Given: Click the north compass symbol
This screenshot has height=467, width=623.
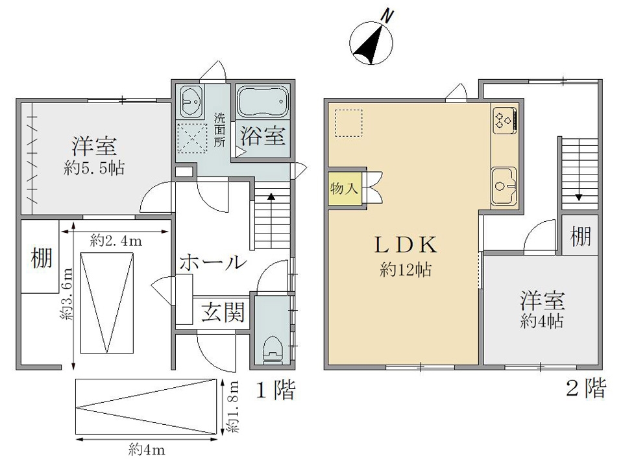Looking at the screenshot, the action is [372, 42].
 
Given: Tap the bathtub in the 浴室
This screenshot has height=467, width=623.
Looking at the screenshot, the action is [262, 102].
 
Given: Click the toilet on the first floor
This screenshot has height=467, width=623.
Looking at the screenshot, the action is [273, 350].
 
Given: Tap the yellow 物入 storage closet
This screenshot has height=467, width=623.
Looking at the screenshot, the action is [345, 188].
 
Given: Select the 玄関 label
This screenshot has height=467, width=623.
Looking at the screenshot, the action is [223, 312].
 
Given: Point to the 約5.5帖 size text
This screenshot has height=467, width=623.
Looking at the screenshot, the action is [94, 169].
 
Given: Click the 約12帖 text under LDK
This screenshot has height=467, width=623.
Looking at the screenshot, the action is [406, 270].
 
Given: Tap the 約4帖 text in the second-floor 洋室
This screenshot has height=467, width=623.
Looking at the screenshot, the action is [541, 321].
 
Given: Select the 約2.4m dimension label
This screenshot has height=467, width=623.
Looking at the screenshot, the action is [116, 240].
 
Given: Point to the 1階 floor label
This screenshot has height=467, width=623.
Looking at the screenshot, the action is [275, 390].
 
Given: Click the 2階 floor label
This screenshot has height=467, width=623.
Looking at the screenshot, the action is [586, 388].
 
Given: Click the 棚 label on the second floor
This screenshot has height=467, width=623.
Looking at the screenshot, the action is [580, 236].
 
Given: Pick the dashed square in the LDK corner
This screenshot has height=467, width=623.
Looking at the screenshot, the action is [348, 123].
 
